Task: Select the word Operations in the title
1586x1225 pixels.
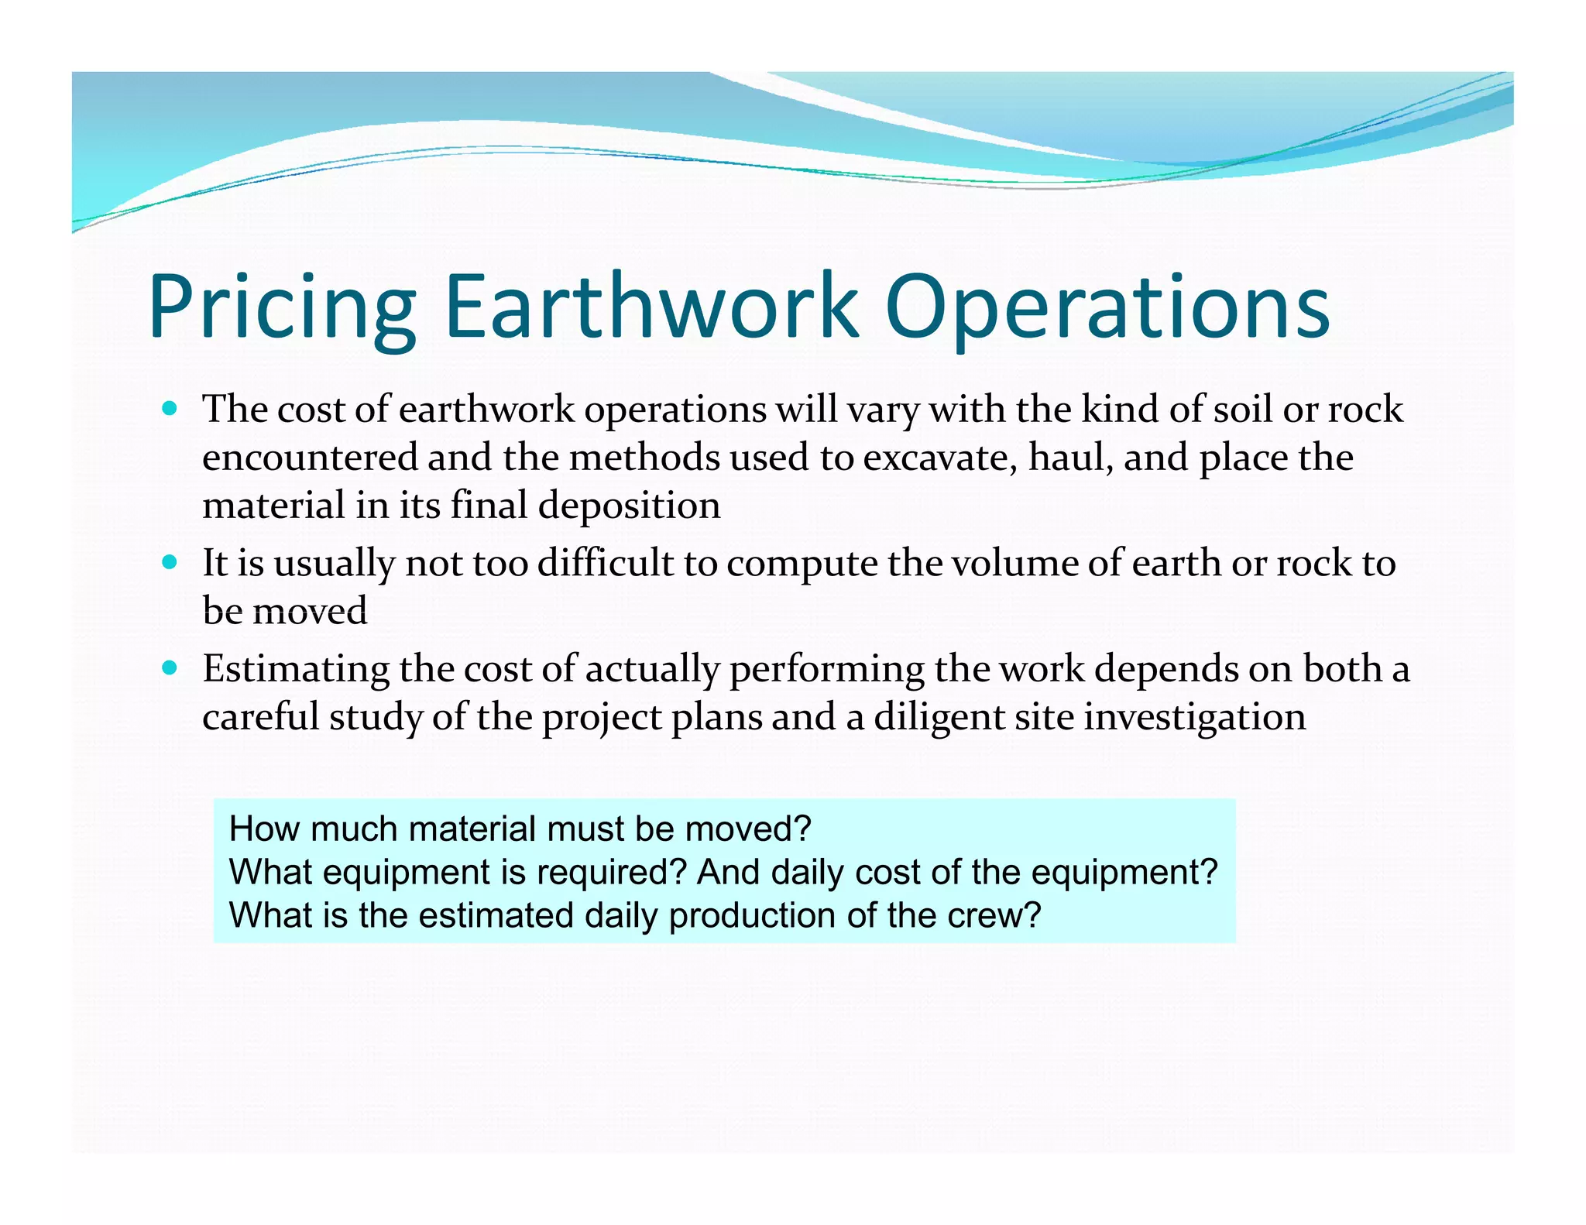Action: (1107, 307)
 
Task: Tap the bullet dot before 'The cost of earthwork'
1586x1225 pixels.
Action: (170, 408)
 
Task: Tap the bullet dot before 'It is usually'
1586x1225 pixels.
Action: (170, 561)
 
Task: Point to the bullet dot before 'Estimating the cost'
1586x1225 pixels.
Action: (170, 667)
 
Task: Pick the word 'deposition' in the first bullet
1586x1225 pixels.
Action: (629, 506)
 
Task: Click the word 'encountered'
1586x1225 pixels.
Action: (309, 458)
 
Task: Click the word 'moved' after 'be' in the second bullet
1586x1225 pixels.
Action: (311, 612)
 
